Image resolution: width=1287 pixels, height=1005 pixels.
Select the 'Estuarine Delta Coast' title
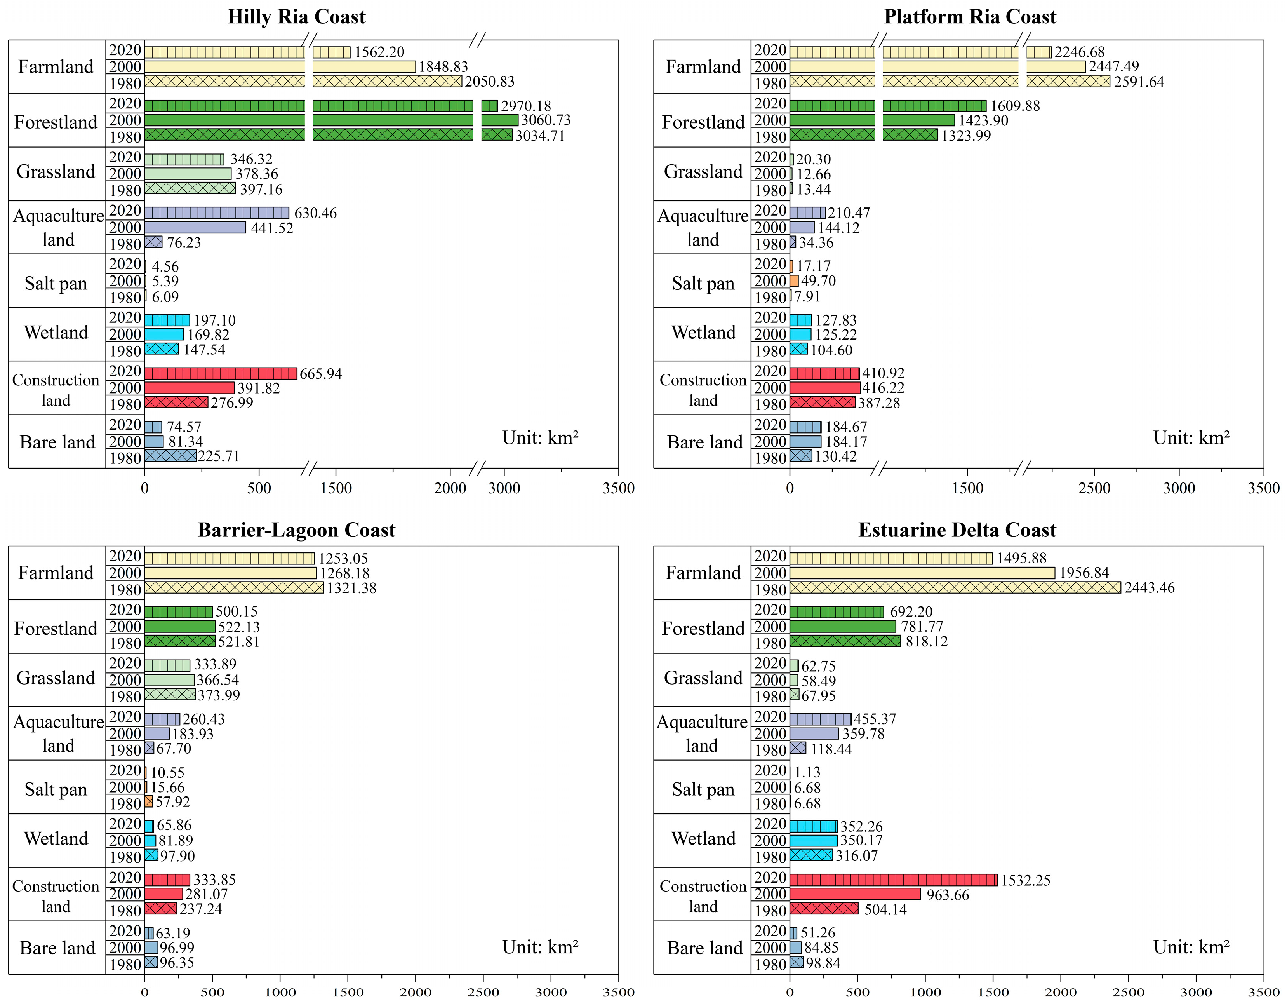point(957,530)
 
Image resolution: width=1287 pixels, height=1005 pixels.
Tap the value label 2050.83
point(490,81)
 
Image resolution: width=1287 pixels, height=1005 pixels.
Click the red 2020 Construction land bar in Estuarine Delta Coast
point(893,880)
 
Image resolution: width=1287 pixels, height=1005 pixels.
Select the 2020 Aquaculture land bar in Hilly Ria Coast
point(216,213)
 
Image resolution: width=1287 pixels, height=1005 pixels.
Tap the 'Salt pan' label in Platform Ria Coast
point(703,284)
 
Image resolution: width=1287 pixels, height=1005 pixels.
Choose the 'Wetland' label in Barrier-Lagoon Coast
point(56,838)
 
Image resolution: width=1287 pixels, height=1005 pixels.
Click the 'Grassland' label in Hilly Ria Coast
point(56,172)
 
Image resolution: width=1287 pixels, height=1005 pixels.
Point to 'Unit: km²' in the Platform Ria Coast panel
point(1191,438)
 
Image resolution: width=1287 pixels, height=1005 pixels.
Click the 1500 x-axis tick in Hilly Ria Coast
point(336,488)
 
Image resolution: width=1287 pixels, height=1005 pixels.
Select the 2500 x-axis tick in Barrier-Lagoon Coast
point(483,992)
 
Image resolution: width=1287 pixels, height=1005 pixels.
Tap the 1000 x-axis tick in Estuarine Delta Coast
point(925,992)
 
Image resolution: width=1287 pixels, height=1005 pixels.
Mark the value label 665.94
point(320,374)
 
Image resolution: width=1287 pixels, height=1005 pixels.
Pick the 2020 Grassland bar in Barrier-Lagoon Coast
point(167,665)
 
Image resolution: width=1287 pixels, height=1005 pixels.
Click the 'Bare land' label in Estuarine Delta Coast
point(705,948)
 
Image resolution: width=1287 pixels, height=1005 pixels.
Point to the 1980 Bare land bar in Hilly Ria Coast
point(170,456)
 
